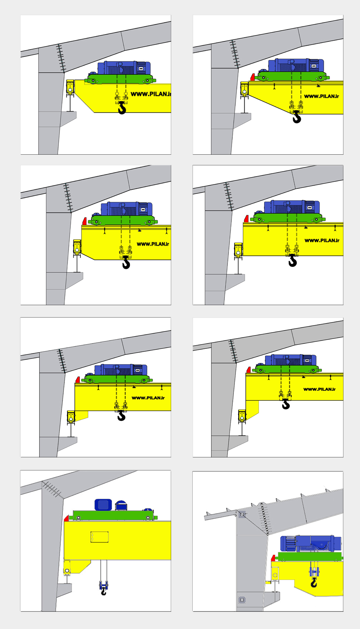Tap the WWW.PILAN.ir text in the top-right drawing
click(x=321, y=96)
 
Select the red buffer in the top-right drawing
click(x=253, y=77)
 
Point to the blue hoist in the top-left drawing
click(x=124, y=68)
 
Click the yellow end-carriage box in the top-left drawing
click(x=70, y=87)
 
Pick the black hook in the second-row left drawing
click(x=126, y=262)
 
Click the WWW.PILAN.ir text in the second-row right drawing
click(x=322, y=240)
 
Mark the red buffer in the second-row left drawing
click(x=84, y=221)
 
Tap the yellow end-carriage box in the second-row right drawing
click(x=238, y=250)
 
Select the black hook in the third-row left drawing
click(x=121, y=415)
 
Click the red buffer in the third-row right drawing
click(x=249, y=370)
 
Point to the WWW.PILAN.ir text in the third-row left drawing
click(x=148, y=398)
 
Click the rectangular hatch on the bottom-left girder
click(x=99, y=537)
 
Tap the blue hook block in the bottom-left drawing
click(x=103, y=586)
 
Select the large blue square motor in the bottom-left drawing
click(x=103, y=505)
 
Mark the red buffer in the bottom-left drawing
click(x=66, y=518)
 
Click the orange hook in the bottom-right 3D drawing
click(x=314, y=583)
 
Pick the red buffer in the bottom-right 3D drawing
click(x=273, y=558)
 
